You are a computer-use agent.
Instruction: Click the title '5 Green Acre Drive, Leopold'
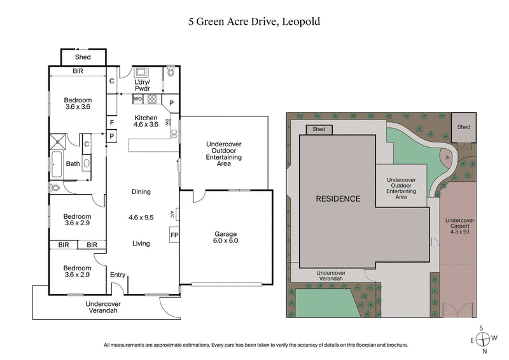coord(254,21)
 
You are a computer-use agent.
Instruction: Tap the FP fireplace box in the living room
coord(174,235)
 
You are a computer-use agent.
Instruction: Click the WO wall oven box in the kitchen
coord(138,99)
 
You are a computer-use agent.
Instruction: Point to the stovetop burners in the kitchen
coord(152,99)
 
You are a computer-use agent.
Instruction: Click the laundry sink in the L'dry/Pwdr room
coord(140,73)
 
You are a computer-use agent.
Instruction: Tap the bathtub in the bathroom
coord(57,164)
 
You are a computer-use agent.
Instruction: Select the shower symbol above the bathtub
coord(59,141)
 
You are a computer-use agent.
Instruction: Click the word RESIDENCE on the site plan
coord(338,198)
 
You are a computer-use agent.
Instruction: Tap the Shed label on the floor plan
coord(83,57)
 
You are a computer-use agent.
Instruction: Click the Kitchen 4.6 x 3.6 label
coord(146,121)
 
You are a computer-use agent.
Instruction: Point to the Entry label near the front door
coord(118,275)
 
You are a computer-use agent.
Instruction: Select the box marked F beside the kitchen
coord(111,122)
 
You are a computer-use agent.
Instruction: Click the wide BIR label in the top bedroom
coord(78,72)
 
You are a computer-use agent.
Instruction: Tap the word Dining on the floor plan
coord(141,191)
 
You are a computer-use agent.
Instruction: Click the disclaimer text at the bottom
coord(254,345)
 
